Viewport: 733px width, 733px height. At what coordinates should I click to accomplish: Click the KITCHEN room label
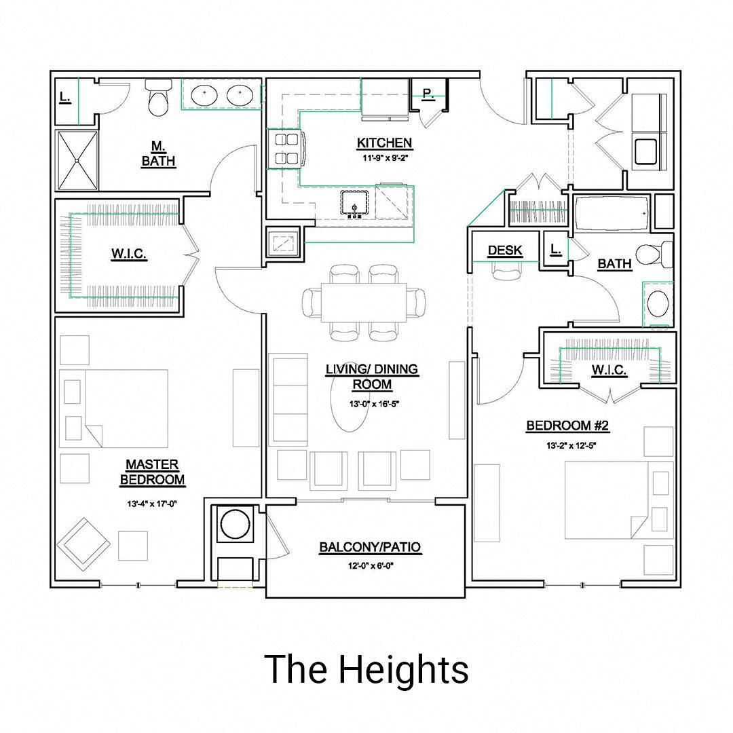tap(384, 143)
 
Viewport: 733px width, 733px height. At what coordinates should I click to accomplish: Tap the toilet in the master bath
tap(159, 99)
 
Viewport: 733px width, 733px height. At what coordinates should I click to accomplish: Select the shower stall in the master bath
tap(77, 161)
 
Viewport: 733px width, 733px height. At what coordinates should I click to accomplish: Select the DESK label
tap(505, 250)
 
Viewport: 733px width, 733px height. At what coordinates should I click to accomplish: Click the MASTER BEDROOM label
tap(152, 472)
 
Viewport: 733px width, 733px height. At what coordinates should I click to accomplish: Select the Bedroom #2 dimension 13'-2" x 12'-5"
tap(567, 446)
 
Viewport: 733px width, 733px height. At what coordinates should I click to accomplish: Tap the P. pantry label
tap(428, 94)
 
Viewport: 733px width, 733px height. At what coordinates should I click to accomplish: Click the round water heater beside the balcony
tap(235, 524)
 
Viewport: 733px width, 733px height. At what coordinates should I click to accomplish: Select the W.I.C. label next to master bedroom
tap(129, 254)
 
